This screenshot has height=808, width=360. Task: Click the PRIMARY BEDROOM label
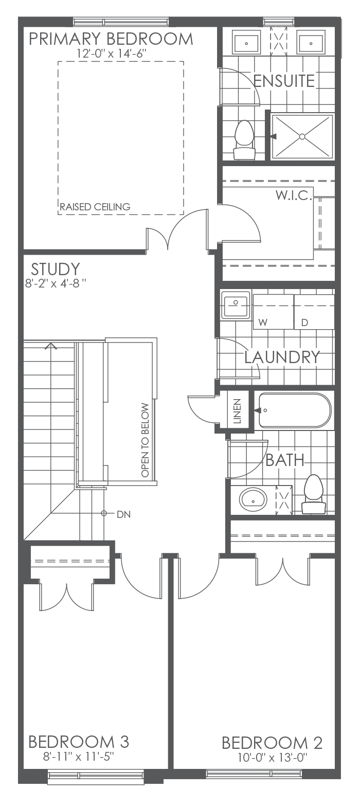pyautogui.click(x=111, y=39)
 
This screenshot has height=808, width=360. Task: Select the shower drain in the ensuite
pyautogui.click(x=302, y=136)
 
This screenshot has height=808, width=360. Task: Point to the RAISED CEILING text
pyautogui.click(x=95, y=207)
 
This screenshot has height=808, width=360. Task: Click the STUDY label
pyautogui.click(x=55, y=269)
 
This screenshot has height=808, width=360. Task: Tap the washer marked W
pyautogui.click(x=273, y=312)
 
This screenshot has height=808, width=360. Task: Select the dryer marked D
pyautogui.click(x=314, y=312)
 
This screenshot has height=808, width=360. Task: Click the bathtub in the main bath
pyautogui.click(x=294, y=410)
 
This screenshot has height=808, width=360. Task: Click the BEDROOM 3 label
pyautogui.click(x=79, y=742)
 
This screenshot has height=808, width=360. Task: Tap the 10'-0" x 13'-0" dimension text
pyautogui.click(x=272, y=758)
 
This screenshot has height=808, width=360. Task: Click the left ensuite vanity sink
pyautogui.click(x=246, y=44)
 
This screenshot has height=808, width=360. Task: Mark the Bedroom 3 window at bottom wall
pyautogui.click(x=96, y=774)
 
